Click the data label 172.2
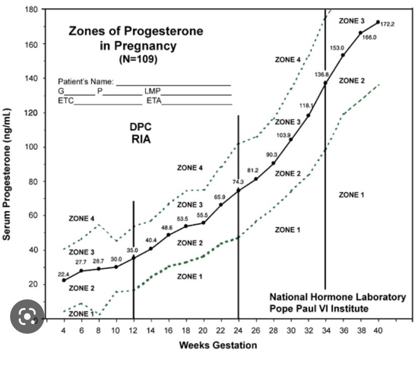387,24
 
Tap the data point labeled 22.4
64,280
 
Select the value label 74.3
238,182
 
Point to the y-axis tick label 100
33,147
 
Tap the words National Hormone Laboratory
337,297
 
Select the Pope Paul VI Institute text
319,308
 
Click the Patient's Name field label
86,81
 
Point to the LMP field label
152,91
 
